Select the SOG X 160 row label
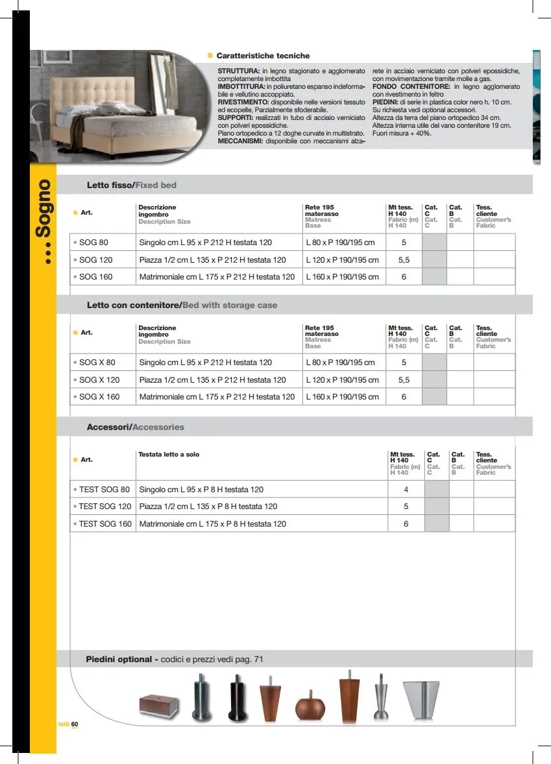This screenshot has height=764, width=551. click(99, 396)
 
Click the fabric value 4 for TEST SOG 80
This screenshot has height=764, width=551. click(406, 490)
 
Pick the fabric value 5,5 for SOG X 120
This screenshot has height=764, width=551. click(404, 379)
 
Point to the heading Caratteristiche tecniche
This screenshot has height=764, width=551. click(263, 56)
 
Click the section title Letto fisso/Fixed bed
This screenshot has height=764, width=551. click(132, 185)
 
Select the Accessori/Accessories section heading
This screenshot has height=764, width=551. click(136, 427)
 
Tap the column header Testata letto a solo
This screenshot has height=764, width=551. click(169, 455)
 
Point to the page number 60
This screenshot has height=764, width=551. click(75, 724)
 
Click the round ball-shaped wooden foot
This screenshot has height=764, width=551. click(308, 707)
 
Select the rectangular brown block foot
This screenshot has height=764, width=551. click(160, 704)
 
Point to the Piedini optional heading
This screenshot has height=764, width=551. click(119, 659)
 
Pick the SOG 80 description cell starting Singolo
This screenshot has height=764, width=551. click(206, 243)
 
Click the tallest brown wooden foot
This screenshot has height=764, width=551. click(349, 699)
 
